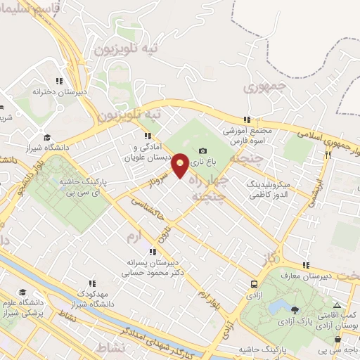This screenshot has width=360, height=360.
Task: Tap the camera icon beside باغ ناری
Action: (x=203, y=150)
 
